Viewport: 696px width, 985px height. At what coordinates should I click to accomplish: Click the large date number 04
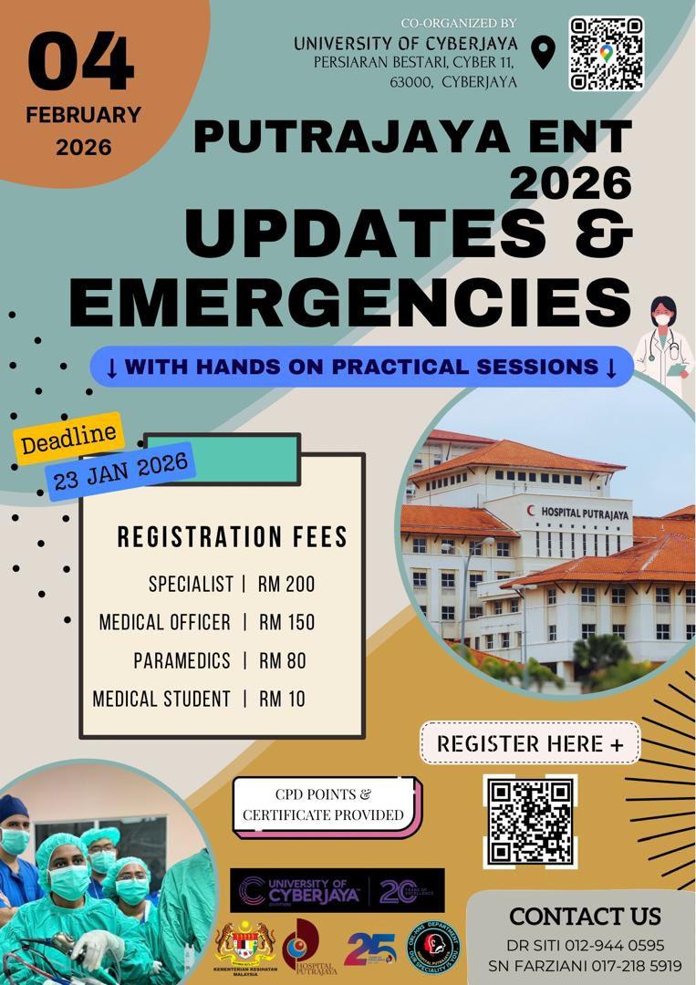(x=81, y=62)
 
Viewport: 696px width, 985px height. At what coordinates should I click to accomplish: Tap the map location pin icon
(x=543, y=53)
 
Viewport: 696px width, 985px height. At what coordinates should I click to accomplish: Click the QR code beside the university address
(x=607, y=53)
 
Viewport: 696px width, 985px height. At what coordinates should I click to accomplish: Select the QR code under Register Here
(x=529, y=820)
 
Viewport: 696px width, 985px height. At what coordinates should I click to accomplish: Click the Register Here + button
(x=530, y=743)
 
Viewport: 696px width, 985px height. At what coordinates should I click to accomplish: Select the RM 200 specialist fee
(x=286, y=584)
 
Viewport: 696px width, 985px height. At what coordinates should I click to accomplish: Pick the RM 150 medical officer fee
(x=286, y=622)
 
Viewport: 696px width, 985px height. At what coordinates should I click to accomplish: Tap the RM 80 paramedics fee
(x=282, y=660)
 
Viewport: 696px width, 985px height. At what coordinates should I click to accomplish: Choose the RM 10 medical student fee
(x=282, y=699)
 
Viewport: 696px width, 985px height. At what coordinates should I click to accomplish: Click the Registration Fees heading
(x=232, y=537)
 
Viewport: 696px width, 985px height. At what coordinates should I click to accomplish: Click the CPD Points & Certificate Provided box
(x=324, y=804)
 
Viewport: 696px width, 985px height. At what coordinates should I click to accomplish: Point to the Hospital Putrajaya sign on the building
(x=584, y=513)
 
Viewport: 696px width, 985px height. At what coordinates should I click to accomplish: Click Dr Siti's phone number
(x=615, y=945)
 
